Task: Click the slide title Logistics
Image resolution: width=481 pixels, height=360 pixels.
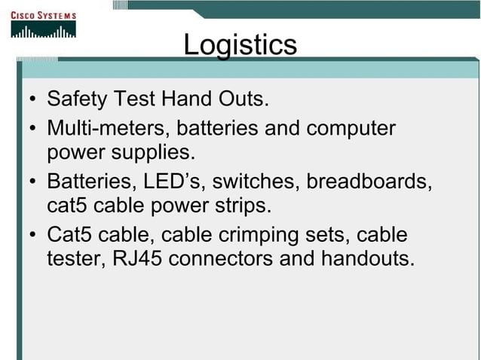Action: tap(240, 44)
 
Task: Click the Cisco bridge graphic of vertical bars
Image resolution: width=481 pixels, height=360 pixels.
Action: tap(43, 32)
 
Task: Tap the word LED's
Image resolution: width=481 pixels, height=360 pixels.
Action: tap(163, 182)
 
